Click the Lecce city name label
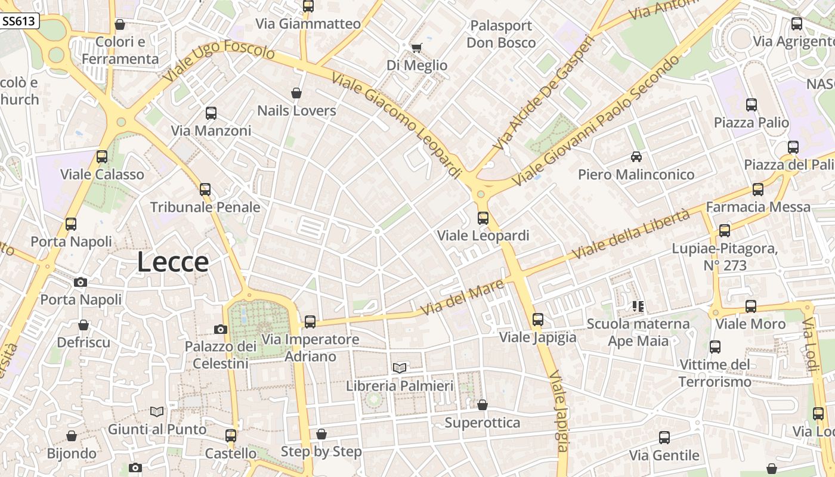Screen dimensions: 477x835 (173, 262)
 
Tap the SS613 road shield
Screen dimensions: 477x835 (20, 21)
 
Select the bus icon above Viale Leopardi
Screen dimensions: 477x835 (483, 218)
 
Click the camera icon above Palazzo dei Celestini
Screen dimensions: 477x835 (221, 329)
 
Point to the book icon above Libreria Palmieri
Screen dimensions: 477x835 (400, 368)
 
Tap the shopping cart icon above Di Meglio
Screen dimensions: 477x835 (416, 48)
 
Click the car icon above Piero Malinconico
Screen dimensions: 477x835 (636, 157)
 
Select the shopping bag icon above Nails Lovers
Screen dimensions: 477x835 (296, 93)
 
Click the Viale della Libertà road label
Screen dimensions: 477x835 (630, 233)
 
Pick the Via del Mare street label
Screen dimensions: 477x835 (462, 299)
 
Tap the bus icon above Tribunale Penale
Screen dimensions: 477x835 (205, 190)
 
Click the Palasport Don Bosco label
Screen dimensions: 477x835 (501, 34)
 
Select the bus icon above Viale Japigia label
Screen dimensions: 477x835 (538, 320)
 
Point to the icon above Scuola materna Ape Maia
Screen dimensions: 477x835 (638, 306)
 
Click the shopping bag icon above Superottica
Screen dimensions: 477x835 (483, 405)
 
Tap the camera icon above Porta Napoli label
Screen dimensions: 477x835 (81, 282)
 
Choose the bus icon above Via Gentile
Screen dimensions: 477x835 (664, 438)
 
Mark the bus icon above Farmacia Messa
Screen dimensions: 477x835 (758, 190)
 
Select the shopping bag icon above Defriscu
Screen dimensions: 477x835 (83, 325)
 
